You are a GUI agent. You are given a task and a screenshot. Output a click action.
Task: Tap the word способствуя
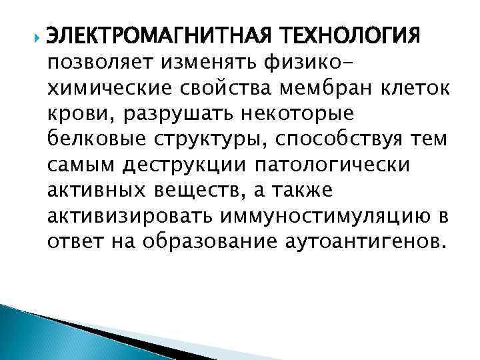pos(339,140)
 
